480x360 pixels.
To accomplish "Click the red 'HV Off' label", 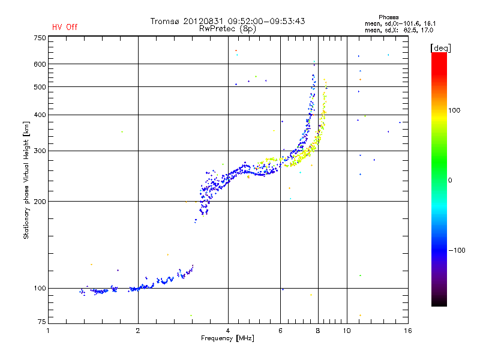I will (x=64, y=27).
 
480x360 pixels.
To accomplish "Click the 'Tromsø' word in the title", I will (x=164, y=21).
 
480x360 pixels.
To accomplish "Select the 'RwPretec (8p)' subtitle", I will (x=228, y=28).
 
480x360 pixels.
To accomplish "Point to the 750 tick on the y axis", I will (x=40, y=38).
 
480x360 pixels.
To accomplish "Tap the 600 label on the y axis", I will (x=40, y=64).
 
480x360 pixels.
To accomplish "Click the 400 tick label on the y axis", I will (x=40, y=115).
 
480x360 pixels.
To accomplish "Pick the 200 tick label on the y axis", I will (x=40, y=202).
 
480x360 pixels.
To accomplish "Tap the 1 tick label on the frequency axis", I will (x=49, y=331).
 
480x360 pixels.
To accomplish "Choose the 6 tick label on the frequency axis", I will (x=280, y=331).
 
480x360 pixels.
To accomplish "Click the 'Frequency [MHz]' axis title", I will (x=228, y=339).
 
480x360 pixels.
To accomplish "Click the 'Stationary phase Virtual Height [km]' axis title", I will (x=26, y=180).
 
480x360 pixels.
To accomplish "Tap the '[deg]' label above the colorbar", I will (x=440, y=47).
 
